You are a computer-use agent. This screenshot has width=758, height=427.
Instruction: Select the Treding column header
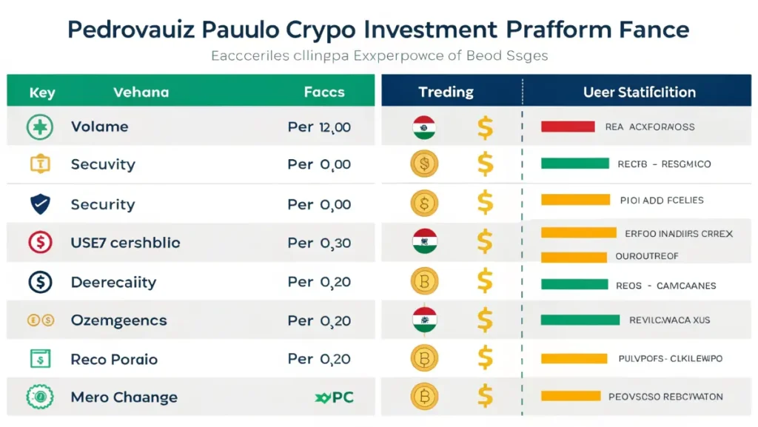click(446, 92)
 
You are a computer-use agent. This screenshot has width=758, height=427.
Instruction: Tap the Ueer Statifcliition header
click(639, 93)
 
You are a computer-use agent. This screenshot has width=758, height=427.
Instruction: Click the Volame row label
click(99, 127)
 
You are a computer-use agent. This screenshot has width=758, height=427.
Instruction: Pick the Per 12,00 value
click(319, 127)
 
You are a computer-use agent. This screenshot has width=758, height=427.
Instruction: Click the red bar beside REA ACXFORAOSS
click(568, 127)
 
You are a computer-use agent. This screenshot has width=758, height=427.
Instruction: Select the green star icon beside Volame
click(38, 127)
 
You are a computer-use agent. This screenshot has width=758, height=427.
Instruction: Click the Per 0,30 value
click(319, 243)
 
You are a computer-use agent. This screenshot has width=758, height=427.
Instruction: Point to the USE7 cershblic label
click(125, 243)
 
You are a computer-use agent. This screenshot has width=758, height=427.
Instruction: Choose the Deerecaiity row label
click(113, 282)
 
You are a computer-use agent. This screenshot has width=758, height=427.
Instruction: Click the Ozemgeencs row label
click(118, 320)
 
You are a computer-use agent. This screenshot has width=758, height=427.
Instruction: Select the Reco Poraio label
click(114, 359)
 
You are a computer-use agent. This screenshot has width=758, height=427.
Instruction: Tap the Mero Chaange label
click(124, 397)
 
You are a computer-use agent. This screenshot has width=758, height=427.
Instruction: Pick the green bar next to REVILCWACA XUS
click(580, 320)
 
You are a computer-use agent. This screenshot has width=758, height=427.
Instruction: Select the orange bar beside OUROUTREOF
click(574, 257)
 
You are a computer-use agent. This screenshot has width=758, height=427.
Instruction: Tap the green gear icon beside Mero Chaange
click(38, 397)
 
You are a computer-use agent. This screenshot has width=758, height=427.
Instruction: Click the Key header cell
click(43, 93)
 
